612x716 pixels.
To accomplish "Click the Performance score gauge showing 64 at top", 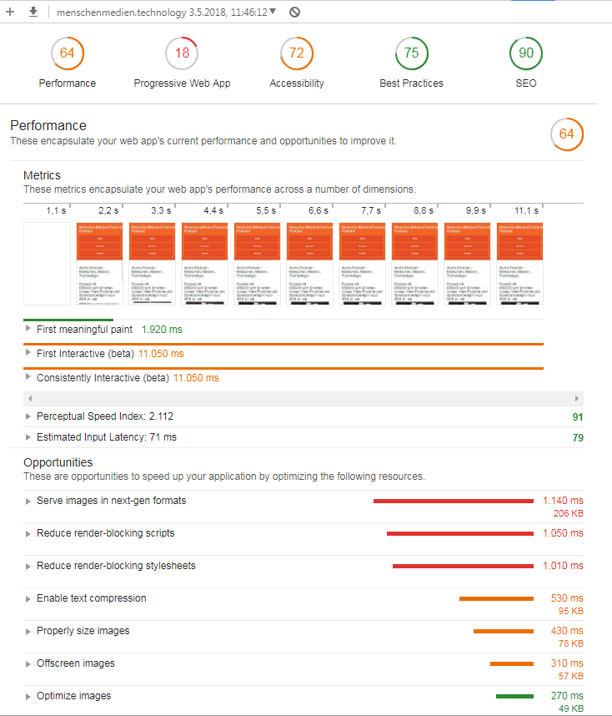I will (x=67, y=53).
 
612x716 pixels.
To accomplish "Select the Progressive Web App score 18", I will (x=182, y=53).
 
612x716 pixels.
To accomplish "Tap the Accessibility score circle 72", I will (x=297, y=53).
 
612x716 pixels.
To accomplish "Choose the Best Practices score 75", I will (x=411, y=53).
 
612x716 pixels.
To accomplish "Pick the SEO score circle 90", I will (x=526, y=53).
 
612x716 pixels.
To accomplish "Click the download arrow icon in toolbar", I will (x=33, y=12).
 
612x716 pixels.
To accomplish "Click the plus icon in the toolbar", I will (x=11, y=12).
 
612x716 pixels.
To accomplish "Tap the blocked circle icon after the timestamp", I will (x=294, y=12).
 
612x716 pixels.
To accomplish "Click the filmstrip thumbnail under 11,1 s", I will (x=519, y=263).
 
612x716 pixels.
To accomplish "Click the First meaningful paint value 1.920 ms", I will (x=162, y=330).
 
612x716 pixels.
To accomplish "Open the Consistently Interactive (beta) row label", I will (x=103, y=378).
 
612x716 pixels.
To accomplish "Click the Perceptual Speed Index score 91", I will (x=577, y=416).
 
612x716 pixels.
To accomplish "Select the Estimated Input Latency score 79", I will (x=577, y=437).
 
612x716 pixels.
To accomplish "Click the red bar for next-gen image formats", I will (x=453, y=501).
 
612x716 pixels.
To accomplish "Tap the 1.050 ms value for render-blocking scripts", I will (x=563, y=533).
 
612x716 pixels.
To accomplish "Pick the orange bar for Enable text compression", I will (x=496, y=598).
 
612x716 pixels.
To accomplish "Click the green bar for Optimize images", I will (x=514, y=696).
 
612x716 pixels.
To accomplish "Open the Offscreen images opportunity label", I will (x=76, y=663).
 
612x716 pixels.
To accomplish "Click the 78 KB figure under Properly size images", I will (x=570, y=643).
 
